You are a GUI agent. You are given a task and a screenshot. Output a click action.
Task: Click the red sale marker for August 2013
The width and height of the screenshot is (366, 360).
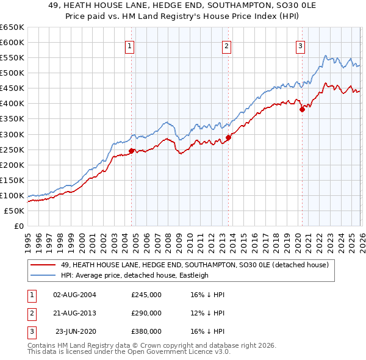229,137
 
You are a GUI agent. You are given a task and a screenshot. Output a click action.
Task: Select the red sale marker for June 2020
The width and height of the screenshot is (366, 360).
302,110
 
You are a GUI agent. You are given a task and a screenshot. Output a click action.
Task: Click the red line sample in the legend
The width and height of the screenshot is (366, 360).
44,265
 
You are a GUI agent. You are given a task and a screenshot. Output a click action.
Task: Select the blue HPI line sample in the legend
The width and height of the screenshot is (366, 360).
44,275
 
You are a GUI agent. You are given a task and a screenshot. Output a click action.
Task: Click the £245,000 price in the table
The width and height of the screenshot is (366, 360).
146,294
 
